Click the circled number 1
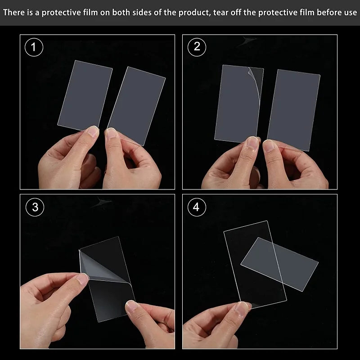[x=34, y=47]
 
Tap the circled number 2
[x=197, y=47]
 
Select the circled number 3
[x=35, y=207]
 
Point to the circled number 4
[x=197, y=207]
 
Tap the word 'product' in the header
[x=195, y=13]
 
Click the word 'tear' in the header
[x=220, y=13]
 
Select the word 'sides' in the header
[x=142, y=13]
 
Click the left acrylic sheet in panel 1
[x=85, y=95]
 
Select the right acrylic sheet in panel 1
[x=136, y=106]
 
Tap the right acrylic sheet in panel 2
[x=294, y=110]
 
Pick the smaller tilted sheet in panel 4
[x=279, y=264]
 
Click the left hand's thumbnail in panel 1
[x=93, y=131]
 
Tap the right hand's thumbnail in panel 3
[x=132, y=306]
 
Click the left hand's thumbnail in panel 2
[x=252, y=142]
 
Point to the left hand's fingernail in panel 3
[x=82, y=279]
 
